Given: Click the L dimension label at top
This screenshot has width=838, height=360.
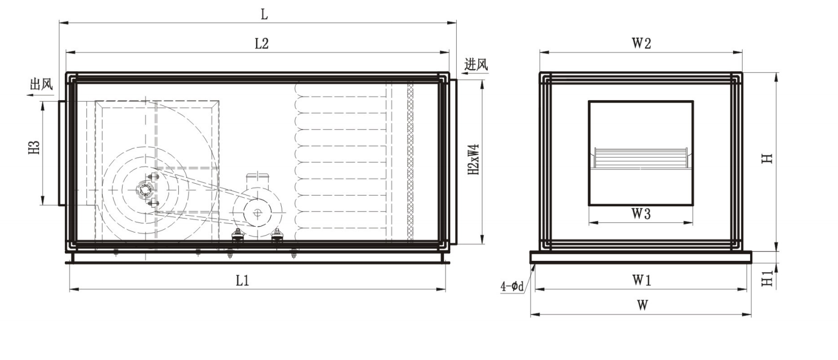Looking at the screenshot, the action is click(265, 14).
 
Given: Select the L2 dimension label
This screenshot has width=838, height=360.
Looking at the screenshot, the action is click(262, 44).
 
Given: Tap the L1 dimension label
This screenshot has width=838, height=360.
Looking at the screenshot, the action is click(243, 280).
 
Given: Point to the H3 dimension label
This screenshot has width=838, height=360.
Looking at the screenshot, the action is click(34, 147).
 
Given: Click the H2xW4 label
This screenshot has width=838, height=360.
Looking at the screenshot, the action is click(474, 160).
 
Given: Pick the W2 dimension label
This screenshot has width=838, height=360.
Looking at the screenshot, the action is click(641, 43).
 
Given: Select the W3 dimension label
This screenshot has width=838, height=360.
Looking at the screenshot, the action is click(641, 214).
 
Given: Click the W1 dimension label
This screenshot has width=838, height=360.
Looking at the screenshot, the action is click(641, 280).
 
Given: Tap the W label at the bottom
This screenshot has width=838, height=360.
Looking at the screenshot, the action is click(643, 305).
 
